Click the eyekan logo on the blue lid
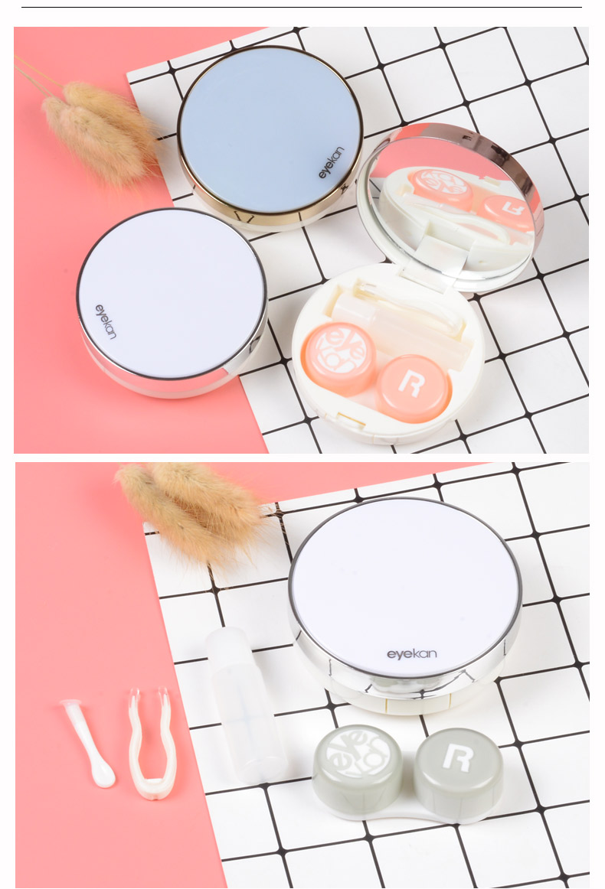pos(332,163)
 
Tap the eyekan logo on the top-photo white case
pos(106,321)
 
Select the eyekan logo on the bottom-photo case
pos(412,654)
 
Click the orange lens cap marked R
pos(414,388)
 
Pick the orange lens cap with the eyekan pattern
pos(338,357)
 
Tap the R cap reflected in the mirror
pos(507,212)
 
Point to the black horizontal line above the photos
pos(302,8)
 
